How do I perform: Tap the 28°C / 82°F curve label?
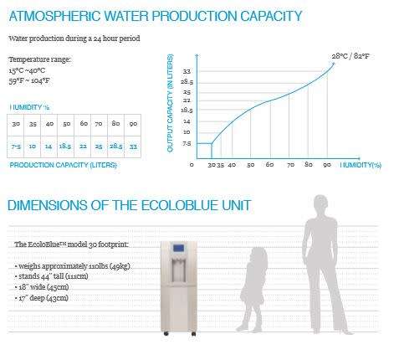point(351,56)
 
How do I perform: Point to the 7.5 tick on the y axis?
point(186,143)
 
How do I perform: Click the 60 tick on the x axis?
point(269,164)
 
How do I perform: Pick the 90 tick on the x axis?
point(328,164)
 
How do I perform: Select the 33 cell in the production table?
point(133,146)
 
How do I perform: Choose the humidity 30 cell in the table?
point(17,125)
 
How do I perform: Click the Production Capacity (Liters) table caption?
point(63,165)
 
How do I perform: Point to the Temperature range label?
point(39,60)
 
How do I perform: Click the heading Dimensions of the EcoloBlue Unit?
point(129,205)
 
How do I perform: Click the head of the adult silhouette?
point(321,206)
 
